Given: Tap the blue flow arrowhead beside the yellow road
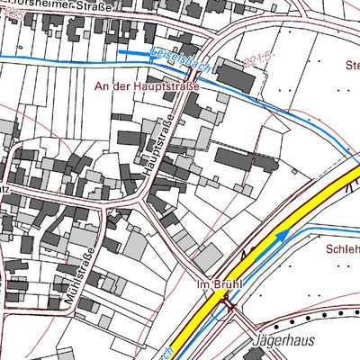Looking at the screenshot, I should pyautogui.click(x=283, y=236).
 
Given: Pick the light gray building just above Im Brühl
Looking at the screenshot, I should pyautogui.click(x=208, y=258).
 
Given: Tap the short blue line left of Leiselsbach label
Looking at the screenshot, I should pyautogui.click(x=133, y=52).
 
